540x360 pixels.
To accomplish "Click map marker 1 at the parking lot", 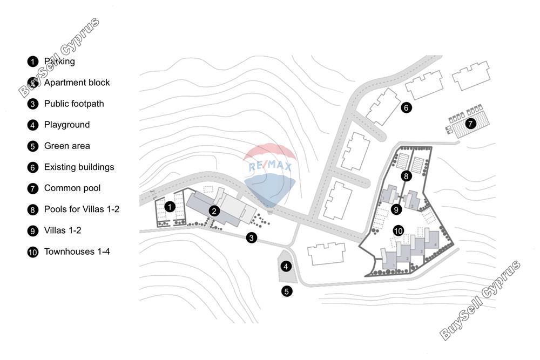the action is coord(170,207).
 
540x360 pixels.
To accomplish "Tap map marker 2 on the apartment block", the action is coord(214,211).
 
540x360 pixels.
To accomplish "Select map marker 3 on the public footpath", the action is coord(252,237).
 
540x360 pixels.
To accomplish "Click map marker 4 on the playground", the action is coord(286,266).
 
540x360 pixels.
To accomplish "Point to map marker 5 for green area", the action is coord(287,291).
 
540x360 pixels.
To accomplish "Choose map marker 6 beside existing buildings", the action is coord(406,108).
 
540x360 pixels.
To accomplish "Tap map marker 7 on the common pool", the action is coord(470,123).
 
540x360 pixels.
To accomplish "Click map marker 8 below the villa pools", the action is coord(406,176).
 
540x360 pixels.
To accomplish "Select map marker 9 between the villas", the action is coord(396,209).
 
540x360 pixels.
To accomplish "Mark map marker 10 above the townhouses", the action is coord(398,230).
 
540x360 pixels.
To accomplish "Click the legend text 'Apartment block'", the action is coord(77,83).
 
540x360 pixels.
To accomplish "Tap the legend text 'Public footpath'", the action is coord(74,104).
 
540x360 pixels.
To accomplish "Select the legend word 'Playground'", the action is coord(67,125).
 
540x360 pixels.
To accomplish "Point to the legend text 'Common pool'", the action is coord(72,188).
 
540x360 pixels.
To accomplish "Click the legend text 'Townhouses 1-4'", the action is coord(77,252).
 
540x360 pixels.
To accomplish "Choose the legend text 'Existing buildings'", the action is coord(79,167).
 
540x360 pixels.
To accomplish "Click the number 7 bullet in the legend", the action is coord(33,188).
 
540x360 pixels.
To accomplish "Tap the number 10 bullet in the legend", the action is coord(33,252).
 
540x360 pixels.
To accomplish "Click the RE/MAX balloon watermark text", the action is coord(271,166).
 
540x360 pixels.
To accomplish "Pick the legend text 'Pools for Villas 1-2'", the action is coord(82,209).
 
